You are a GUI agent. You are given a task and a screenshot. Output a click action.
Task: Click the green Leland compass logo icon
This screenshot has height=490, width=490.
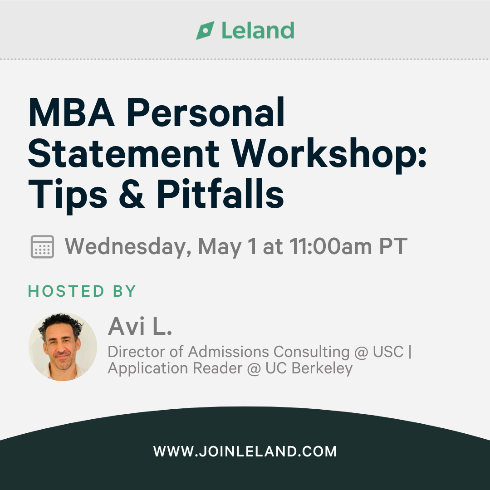[x=206, y=30]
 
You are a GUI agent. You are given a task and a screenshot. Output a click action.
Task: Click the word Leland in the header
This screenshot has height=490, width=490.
[x=258, y=30]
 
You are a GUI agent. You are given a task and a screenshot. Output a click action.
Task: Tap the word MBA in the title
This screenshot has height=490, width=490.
[x=71, y=112]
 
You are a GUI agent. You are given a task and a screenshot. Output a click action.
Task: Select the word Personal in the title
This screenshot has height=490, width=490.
[x=206, y=112]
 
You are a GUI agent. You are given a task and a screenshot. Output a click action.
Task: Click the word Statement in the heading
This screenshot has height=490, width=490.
[x=124, y=153]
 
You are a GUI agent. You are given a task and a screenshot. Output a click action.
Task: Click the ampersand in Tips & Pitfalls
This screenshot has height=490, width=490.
[x=132, y=194]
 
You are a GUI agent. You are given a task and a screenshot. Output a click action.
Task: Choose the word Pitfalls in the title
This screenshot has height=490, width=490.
[x=220, y=193]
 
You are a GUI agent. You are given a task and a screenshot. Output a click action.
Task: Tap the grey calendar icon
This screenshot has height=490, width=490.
[x=42, y=246]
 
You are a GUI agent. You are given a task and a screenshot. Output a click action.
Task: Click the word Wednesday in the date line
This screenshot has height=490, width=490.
[x=128, y=247]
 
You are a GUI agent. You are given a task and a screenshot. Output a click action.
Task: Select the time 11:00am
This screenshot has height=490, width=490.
[x=331, y=246]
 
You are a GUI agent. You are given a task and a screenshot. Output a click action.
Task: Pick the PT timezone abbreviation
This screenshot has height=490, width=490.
[x=393, y=246]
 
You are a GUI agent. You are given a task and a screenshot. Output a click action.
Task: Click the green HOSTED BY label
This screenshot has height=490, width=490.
[x=82, y=291]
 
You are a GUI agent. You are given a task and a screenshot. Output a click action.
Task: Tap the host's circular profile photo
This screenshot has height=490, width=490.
[x=63, y=347]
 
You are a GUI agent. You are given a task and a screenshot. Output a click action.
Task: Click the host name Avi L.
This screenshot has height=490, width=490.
[x=140, y=326]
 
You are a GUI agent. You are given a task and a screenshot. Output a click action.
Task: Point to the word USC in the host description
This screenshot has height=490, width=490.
[x=388, y=352]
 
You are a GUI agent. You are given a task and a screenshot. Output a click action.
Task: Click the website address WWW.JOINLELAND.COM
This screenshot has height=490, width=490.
[x=245, y=451]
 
